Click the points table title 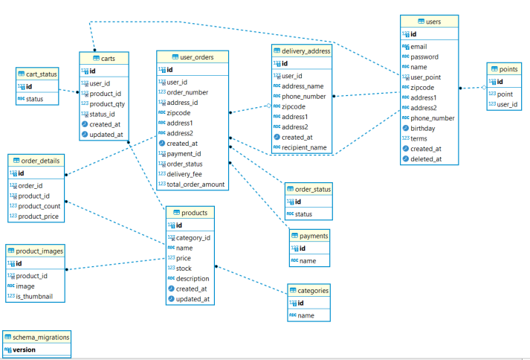click(508, 69)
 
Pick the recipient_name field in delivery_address click(304, 147)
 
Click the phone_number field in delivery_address click(303, 96)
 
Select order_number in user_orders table click(187, 92)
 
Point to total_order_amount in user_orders click(195, 184)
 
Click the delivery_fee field click(184, 174)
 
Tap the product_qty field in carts click(109, 104)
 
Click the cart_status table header click(42, 74)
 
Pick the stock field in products click(184, 268)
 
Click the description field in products click(193, 278)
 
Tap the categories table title click(312, 291)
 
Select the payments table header click(314, 236)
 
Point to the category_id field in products click(193, 238)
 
